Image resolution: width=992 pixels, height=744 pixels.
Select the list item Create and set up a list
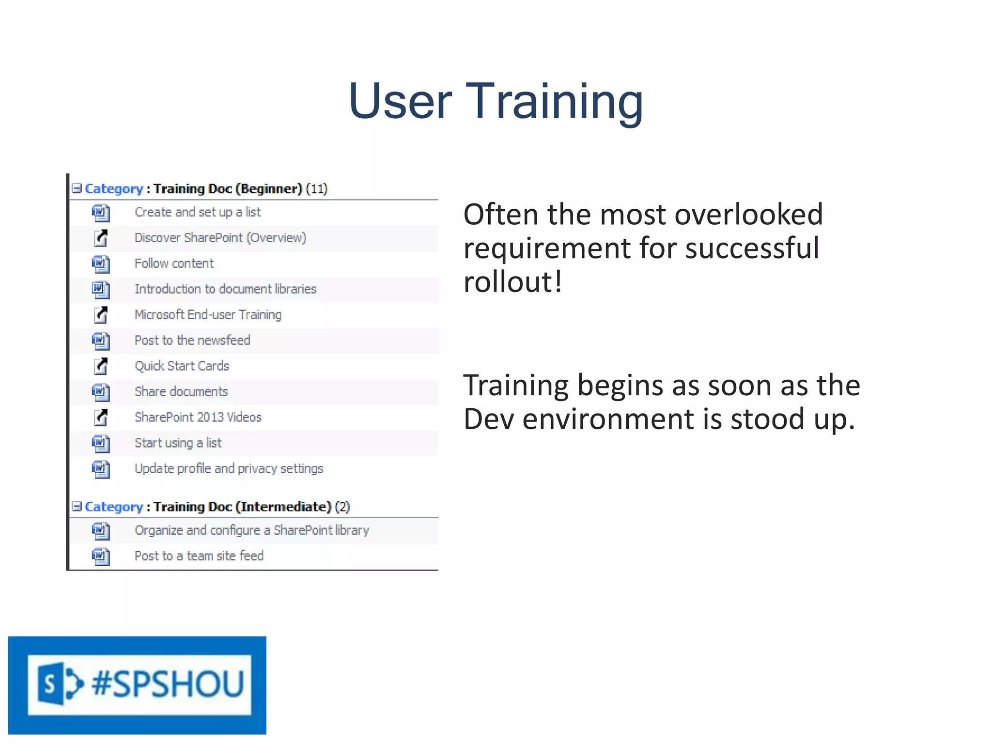coord(198,212)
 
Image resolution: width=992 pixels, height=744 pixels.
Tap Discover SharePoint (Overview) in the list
coord(220,238)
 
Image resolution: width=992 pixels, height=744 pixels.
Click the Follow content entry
coord(174,263)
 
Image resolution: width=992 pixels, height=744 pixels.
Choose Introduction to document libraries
coord(225,289)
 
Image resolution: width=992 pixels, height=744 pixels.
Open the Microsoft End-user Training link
coord(208,315)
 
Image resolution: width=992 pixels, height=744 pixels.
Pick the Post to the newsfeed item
coord(192,341)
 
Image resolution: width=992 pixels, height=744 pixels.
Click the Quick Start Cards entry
coord(182,366)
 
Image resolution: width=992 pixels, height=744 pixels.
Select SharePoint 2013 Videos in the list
coord(198,417)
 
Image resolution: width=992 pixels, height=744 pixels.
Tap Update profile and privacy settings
coord(229,468)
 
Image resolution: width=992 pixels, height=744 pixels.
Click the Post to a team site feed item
coord(199,556)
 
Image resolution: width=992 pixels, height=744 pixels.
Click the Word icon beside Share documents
coord(101,392)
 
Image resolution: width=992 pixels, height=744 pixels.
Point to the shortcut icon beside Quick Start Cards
coord(101,366)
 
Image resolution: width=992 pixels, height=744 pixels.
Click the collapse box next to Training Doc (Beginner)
coord(77,188)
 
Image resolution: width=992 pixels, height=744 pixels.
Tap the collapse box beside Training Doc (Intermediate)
coord(77,506)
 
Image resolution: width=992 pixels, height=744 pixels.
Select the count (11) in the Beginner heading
coord(317,188)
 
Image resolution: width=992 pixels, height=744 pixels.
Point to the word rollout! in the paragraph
coord(512,281)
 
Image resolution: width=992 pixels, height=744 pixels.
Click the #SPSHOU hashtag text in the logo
coord(168,684)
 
